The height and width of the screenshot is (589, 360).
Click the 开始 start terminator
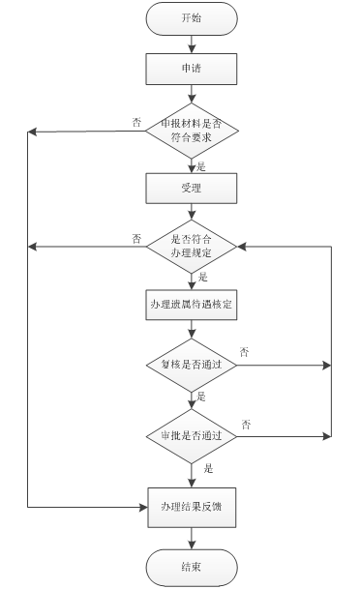(x=191, y=18)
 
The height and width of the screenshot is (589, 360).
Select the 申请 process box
(x=191, y=69)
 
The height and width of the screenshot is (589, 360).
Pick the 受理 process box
(x=191, y=189)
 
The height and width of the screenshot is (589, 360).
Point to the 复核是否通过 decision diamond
(x=191, y=366)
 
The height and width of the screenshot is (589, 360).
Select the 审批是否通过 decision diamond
(x=191, y=436)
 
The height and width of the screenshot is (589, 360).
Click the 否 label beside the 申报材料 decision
(x=135, y=122)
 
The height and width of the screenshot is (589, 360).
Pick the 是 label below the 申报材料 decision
(x=201, y=166)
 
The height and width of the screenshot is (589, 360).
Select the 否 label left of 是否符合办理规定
(x=136, y=237)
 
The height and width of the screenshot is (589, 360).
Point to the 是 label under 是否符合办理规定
(x=203, y=276)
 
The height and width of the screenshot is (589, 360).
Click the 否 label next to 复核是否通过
(x=244, y=353)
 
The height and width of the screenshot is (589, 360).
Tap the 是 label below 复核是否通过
(x=201, y=397)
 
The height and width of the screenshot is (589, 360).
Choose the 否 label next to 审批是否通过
(x=247, y=425)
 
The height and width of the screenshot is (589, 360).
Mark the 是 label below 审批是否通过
(x=208, y=469)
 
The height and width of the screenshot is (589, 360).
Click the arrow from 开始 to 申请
(x=191, y=43)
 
